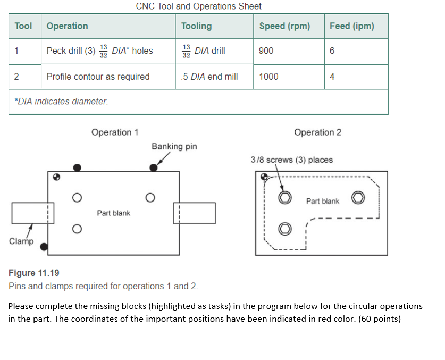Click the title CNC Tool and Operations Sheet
tap(198, 6)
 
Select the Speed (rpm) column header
tap(284, 26)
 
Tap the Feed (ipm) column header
tap(351, 26)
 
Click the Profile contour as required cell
tap(98, 77)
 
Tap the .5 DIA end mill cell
tap(209, 77)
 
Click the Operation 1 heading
tap(115, 132)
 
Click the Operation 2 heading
tap(317, 132)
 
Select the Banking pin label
tap(174, 146)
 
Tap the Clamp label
tap(21, 241)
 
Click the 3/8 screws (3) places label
tap(291, 160)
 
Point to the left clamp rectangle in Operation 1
tap(29, 213)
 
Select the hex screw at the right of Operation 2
tap(358, 198)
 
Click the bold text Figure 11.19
tap(34, 273)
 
